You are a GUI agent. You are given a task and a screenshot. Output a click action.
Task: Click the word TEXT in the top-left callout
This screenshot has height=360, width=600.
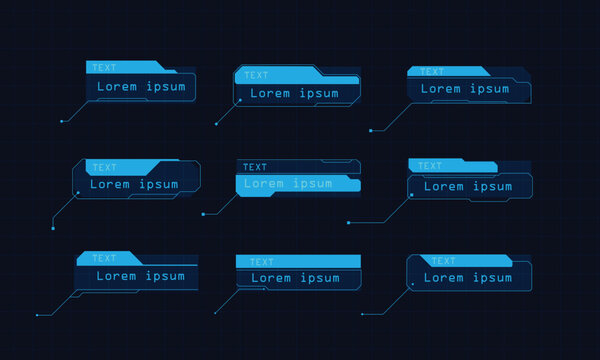(103, 68)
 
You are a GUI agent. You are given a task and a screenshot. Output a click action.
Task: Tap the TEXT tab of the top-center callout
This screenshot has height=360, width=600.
(256, 75)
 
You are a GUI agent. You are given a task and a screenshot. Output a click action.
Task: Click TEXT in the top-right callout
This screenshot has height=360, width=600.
(432, 72)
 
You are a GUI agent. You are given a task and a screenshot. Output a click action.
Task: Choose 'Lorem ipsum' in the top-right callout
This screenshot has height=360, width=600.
(465, 88)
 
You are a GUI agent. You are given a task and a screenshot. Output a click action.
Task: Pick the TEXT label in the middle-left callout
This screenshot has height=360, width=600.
(103, 167)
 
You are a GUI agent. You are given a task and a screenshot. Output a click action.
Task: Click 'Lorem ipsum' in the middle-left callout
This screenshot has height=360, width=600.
(134, 184)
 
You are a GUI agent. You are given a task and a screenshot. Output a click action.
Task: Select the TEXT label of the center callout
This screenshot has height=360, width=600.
(255, 167)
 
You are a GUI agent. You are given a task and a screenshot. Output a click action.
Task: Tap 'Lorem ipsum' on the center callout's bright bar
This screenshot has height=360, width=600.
(288, 184)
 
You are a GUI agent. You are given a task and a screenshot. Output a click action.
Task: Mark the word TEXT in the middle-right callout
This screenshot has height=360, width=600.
(430, 166)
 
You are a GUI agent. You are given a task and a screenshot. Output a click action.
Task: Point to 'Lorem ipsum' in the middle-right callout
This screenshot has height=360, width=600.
(467, 186)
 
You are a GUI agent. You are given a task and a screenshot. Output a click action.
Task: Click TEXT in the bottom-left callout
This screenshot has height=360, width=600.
(104, 258)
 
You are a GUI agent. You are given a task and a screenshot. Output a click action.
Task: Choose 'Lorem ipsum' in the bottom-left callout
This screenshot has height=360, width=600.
(140, 276)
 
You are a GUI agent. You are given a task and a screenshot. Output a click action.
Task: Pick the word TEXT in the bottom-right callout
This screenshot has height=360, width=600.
(443, 261)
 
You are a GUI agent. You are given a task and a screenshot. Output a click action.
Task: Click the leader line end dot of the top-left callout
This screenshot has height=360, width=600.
(62, 121)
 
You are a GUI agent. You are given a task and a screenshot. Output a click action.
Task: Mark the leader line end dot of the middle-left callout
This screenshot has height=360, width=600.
(52, 228)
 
